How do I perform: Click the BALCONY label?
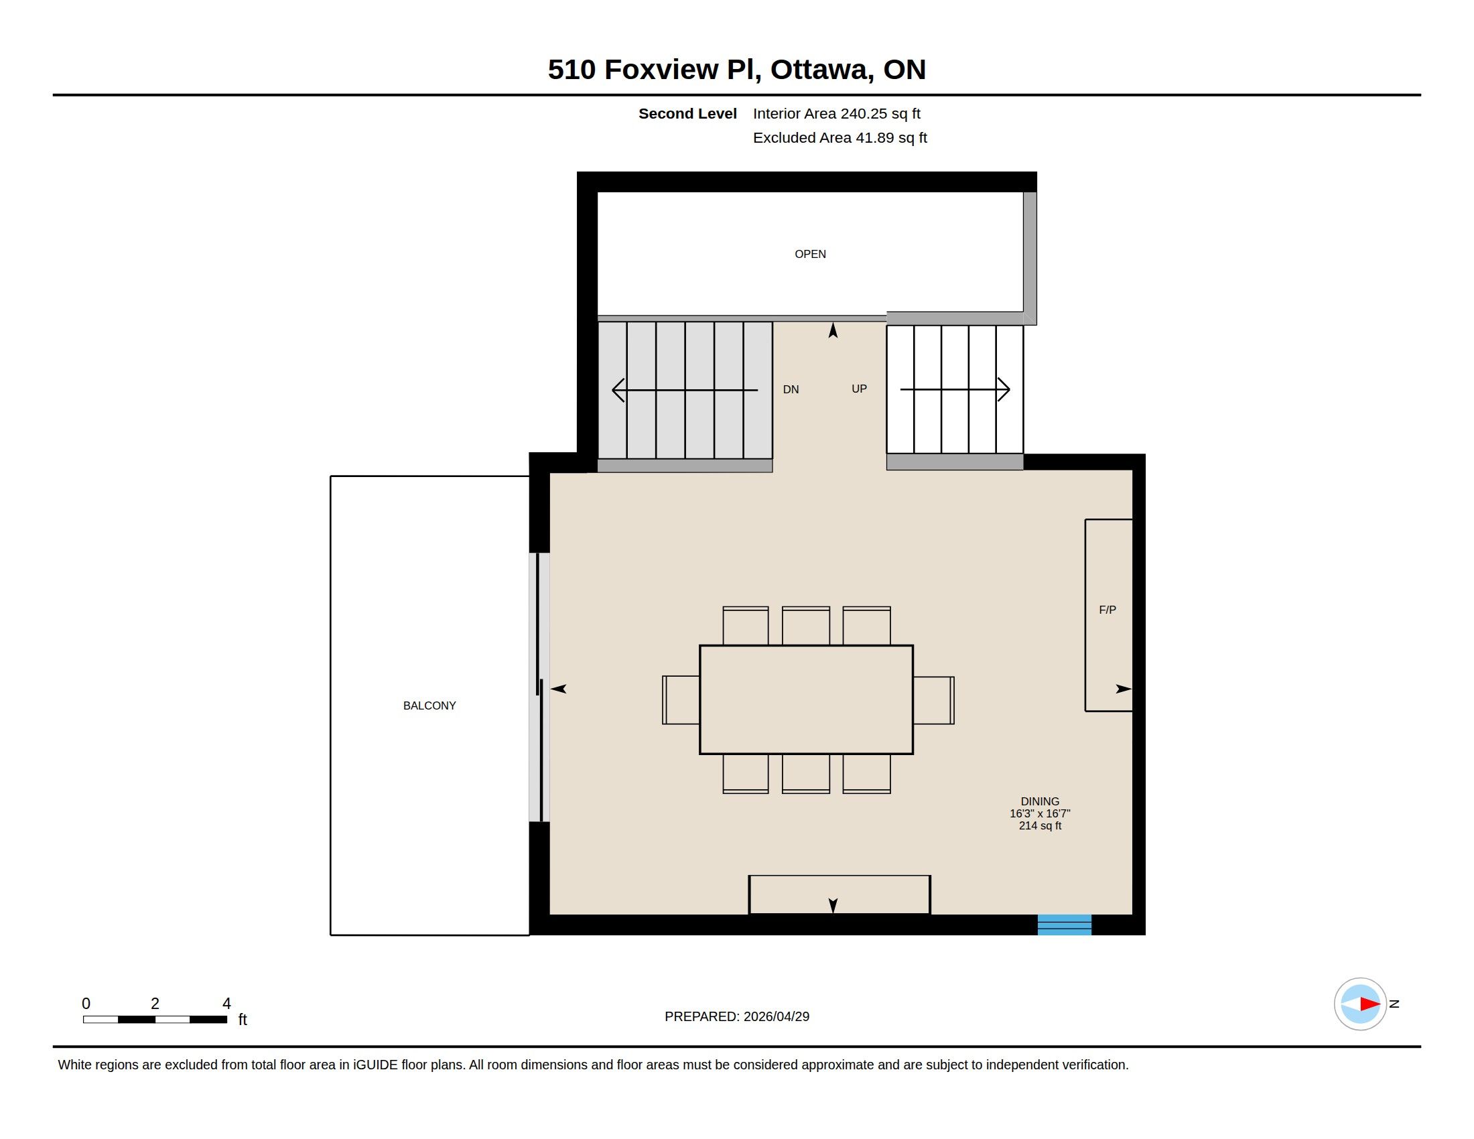tap(429, 705)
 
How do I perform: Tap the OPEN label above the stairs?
tap(810, 254)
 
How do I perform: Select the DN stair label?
tap(791, 389)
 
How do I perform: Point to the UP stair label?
tap(859, 389)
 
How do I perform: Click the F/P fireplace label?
tap(1108, 609)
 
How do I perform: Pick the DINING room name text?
tap(1040, 801)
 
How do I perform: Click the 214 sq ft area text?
tap(1040, 825)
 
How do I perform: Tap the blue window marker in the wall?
tap(1065, 925)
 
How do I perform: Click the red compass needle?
tap(1369, 1004)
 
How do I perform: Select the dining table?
tap(807, 699)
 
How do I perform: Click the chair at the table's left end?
tap(681, 699)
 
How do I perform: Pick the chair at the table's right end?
tap(934, 700)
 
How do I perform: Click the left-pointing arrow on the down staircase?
tap(684, 390)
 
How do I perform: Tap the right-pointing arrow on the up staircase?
tap(955, 389)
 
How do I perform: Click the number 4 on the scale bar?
tap(226, 1004)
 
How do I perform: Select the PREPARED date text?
tap(737, 1016)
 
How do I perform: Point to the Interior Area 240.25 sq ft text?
tap(837, 113)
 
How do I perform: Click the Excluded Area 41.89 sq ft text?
tap(840, 137)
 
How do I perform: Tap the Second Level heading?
tap(687, 113)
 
